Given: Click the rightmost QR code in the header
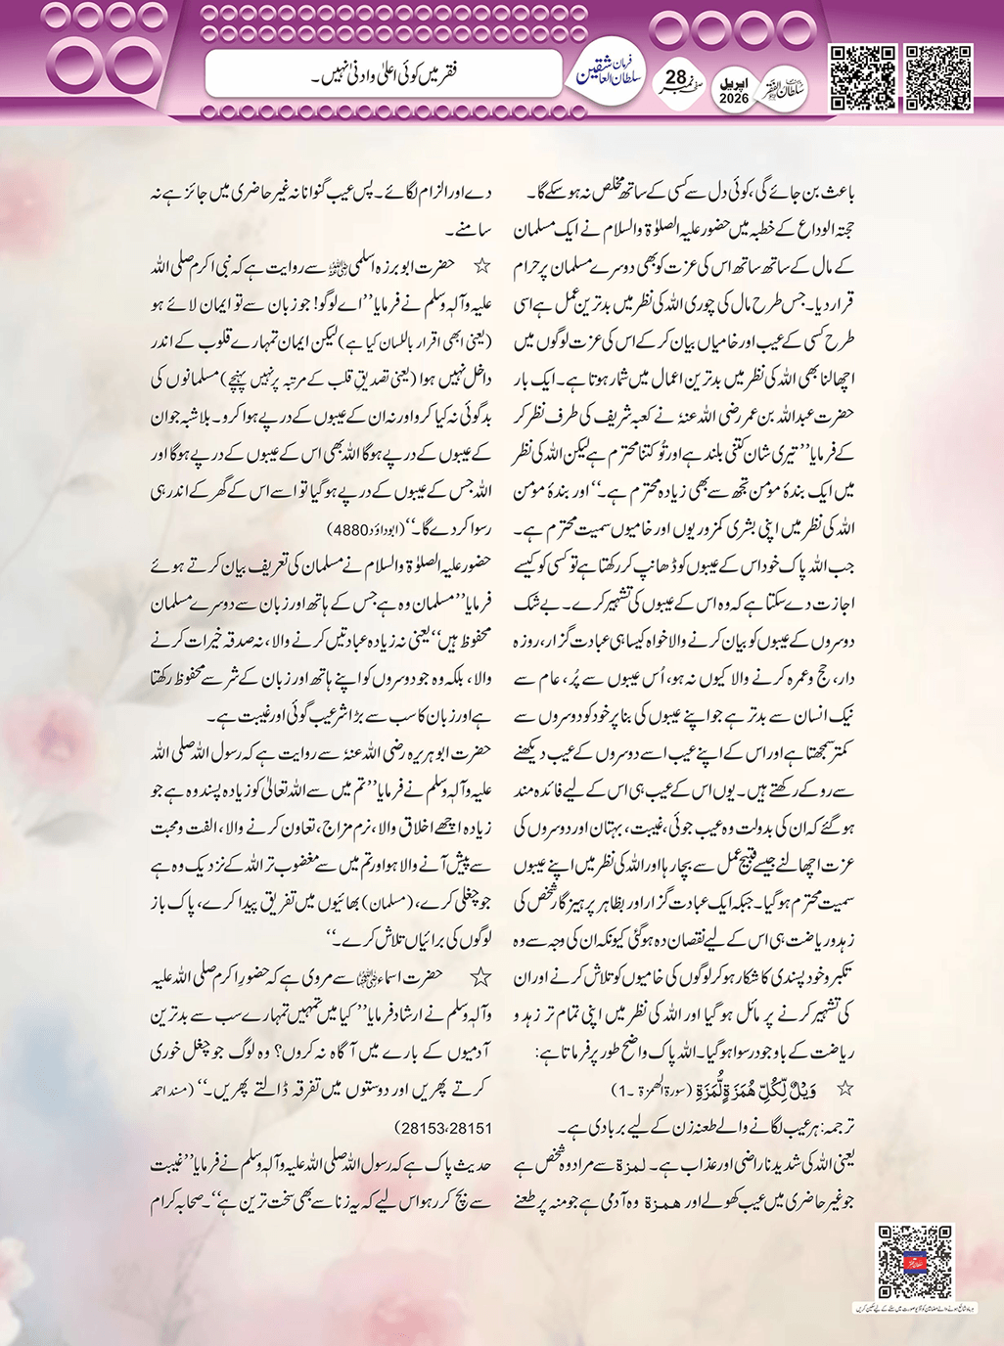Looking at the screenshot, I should [936, 77].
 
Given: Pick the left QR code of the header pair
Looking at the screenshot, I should [862, 77].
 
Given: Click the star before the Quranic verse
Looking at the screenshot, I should [844, 1088].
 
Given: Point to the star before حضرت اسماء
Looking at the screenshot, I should [480, 975].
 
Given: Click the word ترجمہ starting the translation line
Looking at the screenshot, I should [836, 1116].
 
